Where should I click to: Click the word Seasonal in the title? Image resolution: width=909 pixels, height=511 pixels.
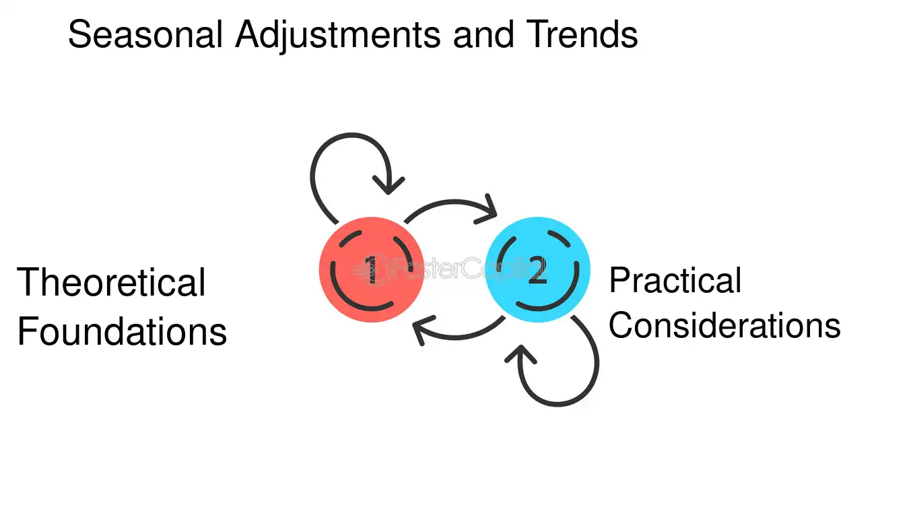click(x=145, y=34)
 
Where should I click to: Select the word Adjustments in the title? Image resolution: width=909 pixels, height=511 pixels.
click(x=338, y=36)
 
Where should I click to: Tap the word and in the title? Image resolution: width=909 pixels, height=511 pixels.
click(x=483, y=34)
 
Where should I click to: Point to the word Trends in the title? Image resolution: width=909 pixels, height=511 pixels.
click(x=582, y=34)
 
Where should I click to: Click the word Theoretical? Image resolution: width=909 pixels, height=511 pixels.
click(x=111, y=282)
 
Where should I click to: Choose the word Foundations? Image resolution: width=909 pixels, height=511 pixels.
click(x=122, y=331)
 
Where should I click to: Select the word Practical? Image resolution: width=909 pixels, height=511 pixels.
click(x=675, y=280)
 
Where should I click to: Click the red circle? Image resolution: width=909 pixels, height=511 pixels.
click(x=371, y=269)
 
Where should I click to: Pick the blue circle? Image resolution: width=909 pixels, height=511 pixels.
click(x=538, y=269)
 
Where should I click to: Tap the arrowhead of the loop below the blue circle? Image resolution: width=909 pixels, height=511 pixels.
click(x=520, y=354)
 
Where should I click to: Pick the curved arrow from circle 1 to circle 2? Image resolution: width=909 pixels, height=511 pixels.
click(x=450, y=202)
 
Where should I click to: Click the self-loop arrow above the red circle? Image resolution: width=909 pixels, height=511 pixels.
click(x=351, y=135)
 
